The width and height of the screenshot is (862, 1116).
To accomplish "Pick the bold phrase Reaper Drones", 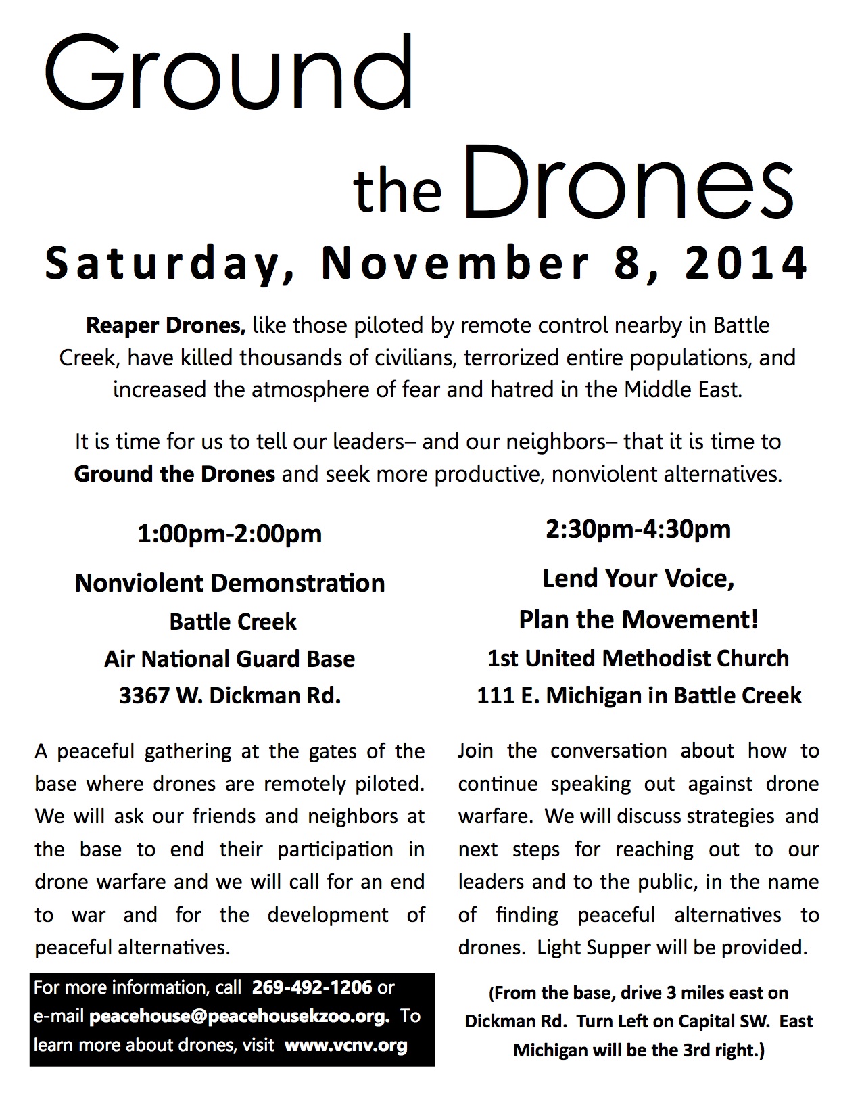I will (166, 325).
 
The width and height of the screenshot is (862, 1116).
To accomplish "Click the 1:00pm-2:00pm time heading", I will (230, 534).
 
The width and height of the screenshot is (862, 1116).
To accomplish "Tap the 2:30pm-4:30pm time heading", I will (638, 529).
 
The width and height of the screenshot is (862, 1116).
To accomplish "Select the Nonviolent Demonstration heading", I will (230, 583).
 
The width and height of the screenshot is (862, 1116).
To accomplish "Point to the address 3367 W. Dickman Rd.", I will (230, 696).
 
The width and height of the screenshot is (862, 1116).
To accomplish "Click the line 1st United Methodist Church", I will (638, 658).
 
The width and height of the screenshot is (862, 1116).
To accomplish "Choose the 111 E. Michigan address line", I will (638, 695).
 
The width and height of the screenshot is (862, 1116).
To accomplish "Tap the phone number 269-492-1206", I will (312, 987).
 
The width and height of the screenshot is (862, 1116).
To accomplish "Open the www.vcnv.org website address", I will (346, 1046).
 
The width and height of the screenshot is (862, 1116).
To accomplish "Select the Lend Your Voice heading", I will (638, 578).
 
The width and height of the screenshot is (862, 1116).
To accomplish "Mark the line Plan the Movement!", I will (638, 619).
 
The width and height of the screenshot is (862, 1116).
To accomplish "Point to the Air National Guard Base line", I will (230, 659).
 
